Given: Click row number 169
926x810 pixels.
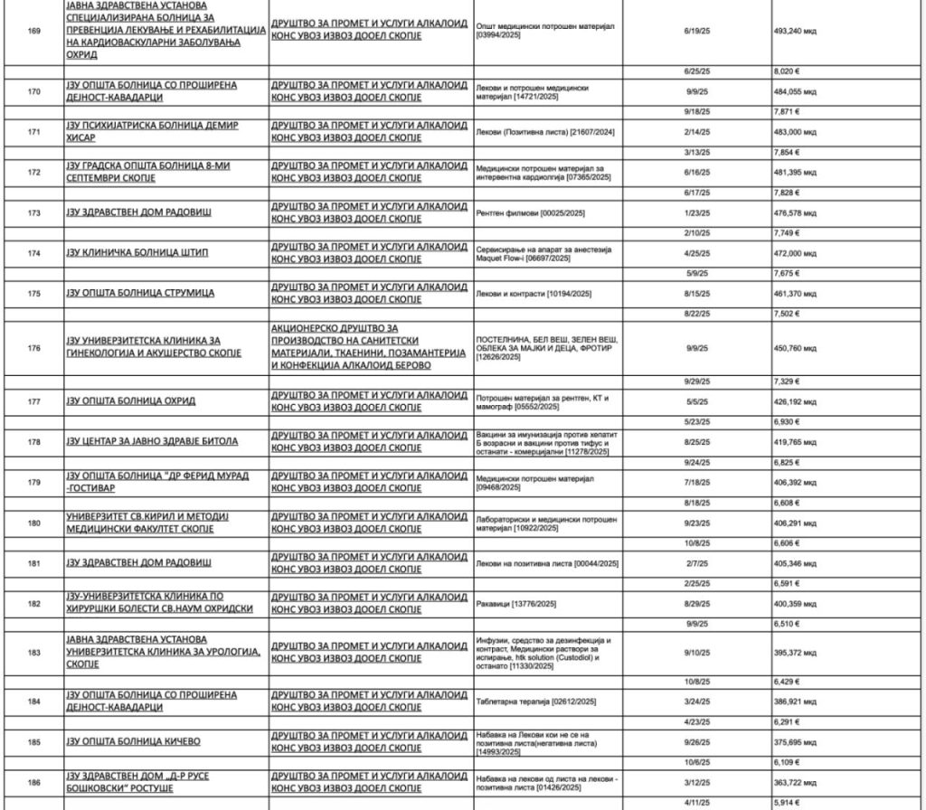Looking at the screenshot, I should point(34,28).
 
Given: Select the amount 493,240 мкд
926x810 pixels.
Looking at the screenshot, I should point(801,28).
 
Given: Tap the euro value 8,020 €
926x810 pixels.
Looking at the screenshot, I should point(789,70).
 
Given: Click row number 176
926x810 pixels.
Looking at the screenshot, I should point(34,347).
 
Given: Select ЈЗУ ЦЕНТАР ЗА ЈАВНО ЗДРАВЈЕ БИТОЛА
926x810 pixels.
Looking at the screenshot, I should point(152,441).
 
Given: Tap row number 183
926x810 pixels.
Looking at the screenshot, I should point(34,652).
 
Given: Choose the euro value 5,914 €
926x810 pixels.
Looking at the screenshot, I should point(789,802).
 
